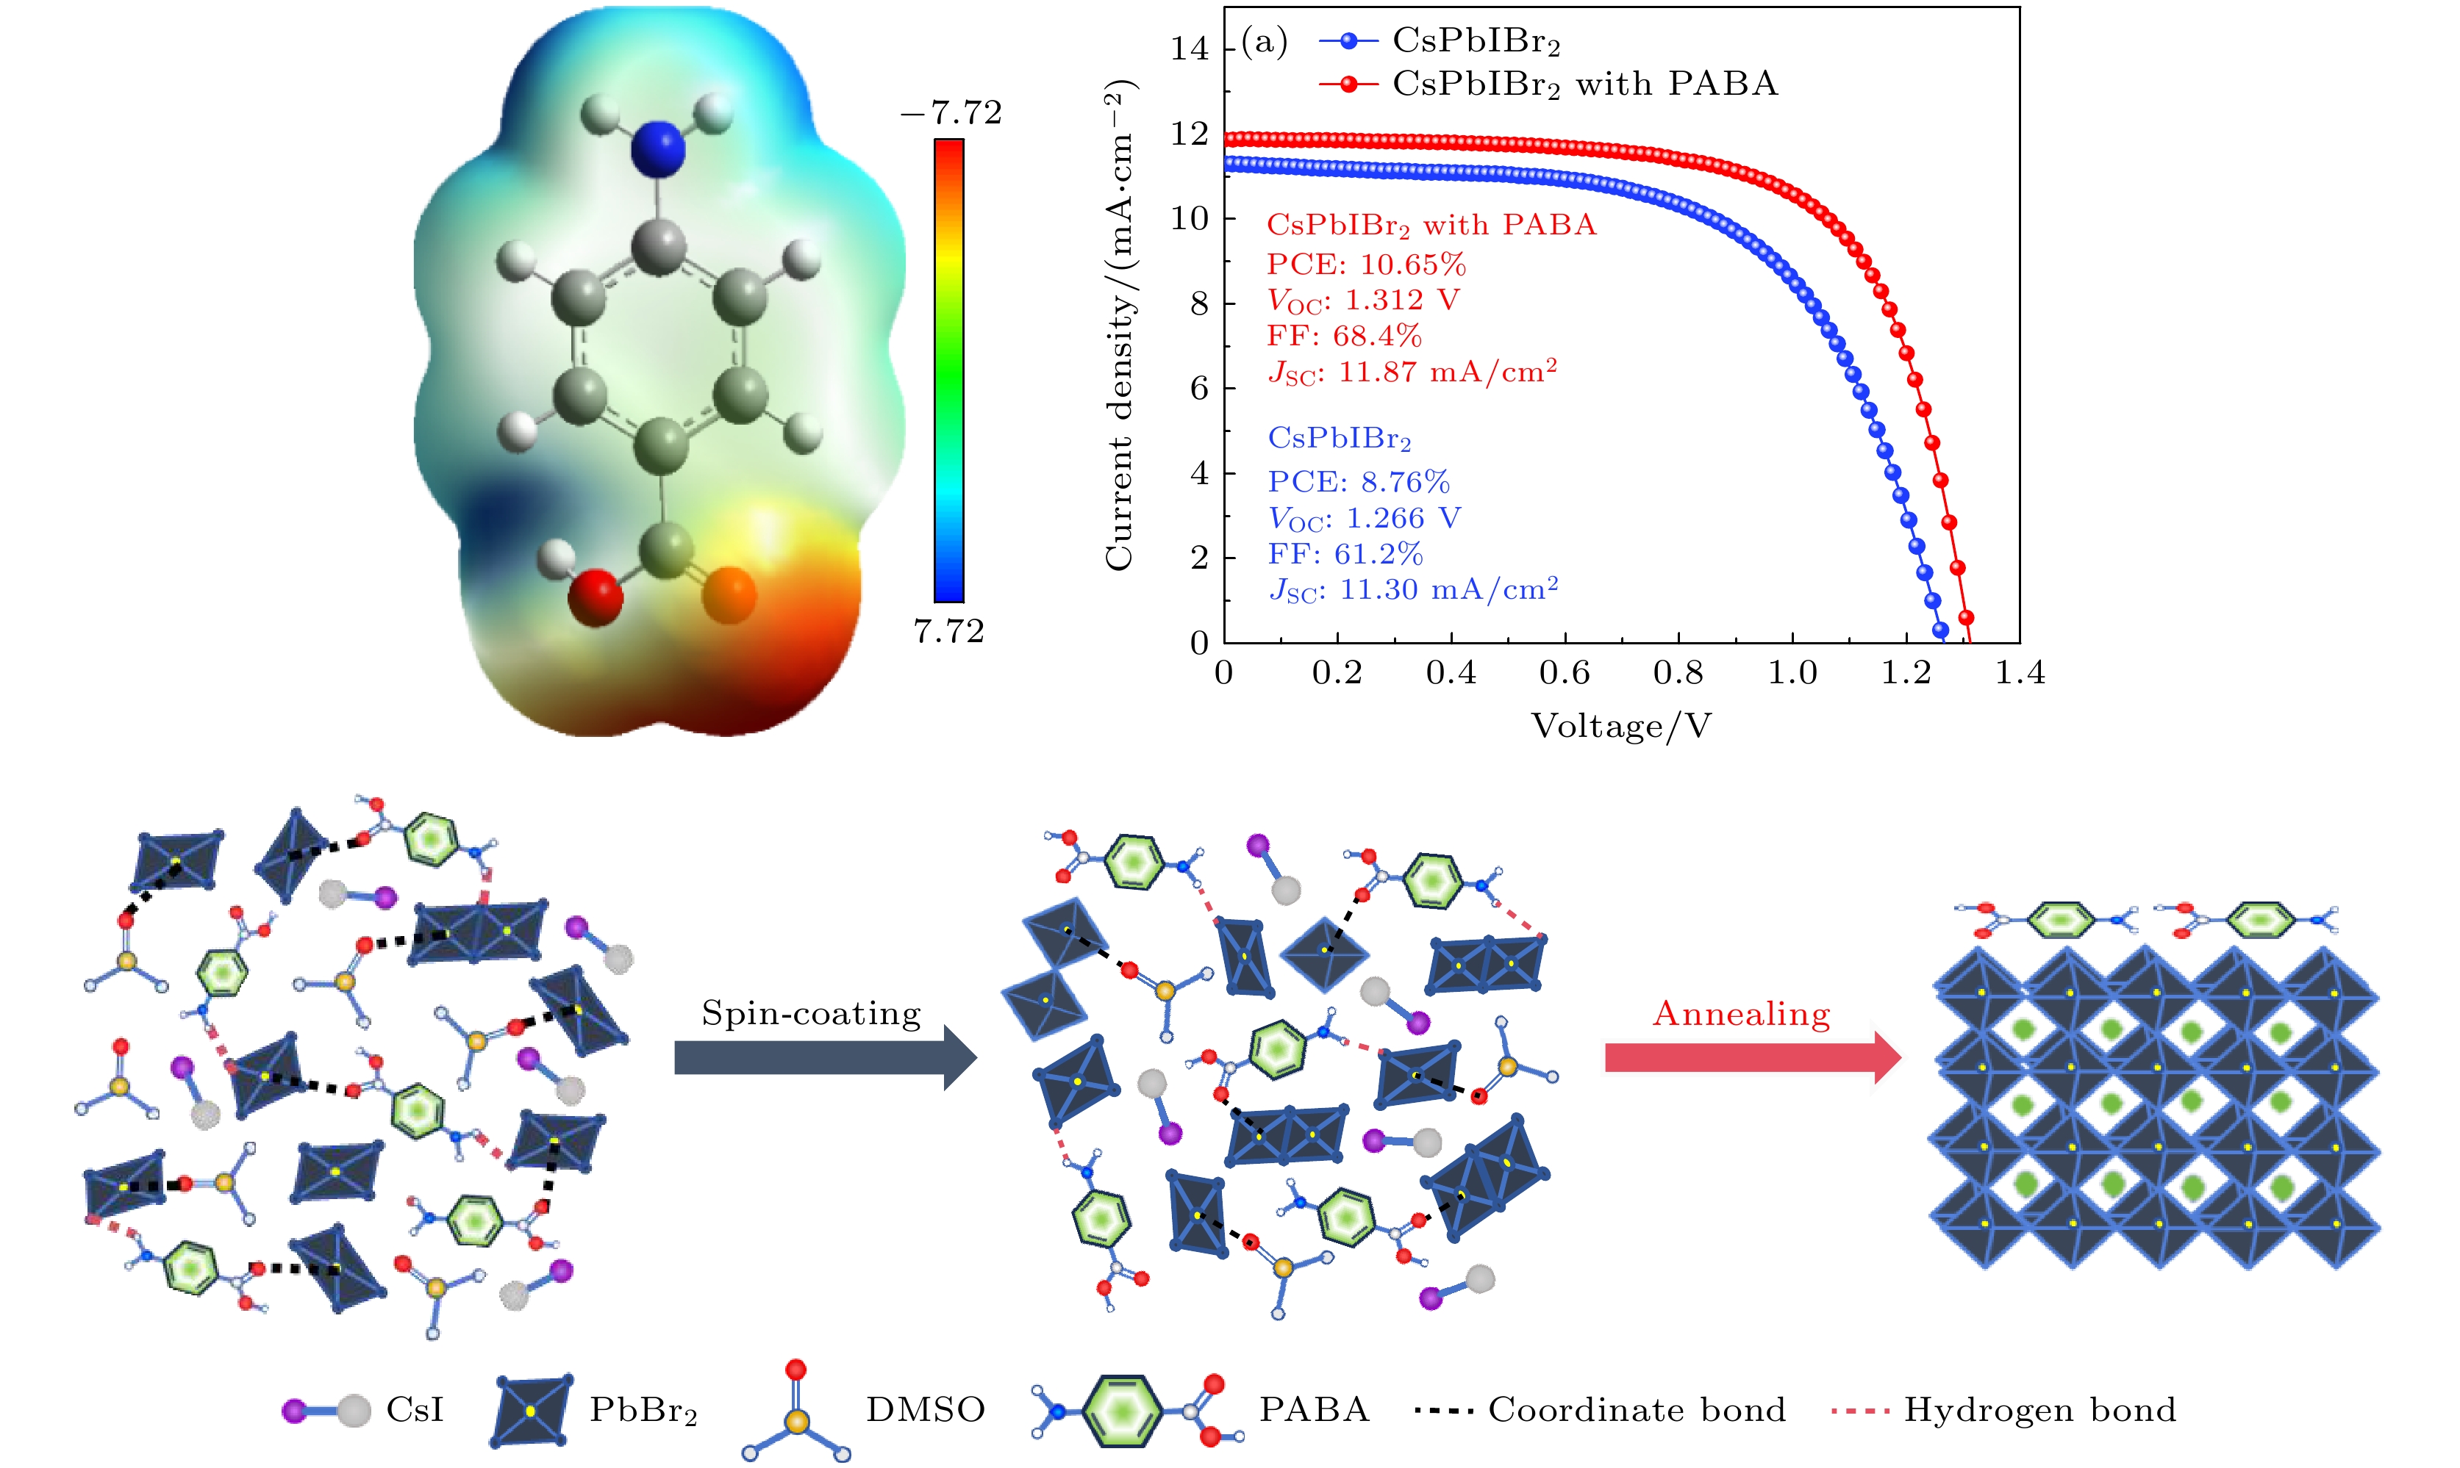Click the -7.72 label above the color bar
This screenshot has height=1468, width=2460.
click(951, 112)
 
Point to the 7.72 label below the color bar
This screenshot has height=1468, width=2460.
click(948, 631)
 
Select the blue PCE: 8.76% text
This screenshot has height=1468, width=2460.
click(1359, 482)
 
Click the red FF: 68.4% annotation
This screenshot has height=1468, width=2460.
click(1344, 337)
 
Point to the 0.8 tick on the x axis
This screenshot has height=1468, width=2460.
click(1678, 674)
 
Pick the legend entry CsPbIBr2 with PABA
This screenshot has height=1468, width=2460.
click(1583, 84)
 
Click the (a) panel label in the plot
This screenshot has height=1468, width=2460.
click(1264, 43)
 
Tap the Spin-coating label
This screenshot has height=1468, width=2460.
click(810, 1013)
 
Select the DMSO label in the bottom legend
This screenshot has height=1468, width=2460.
click(925, 1410)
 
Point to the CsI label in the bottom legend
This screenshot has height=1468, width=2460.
click(415, 1410)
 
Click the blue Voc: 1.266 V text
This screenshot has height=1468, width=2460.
click(1364, 518)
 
